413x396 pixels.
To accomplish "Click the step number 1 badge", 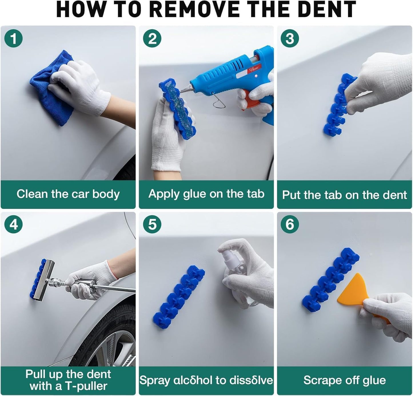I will point(13,38).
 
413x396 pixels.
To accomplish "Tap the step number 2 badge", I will point(152,38).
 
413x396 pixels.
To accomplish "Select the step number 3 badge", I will point(290,38).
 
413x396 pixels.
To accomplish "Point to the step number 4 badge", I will point(13,225).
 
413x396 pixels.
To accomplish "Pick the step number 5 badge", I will point(152,224).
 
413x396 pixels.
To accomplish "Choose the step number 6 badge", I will point(290,224).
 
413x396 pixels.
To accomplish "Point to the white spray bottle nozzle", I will point(227,250).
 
